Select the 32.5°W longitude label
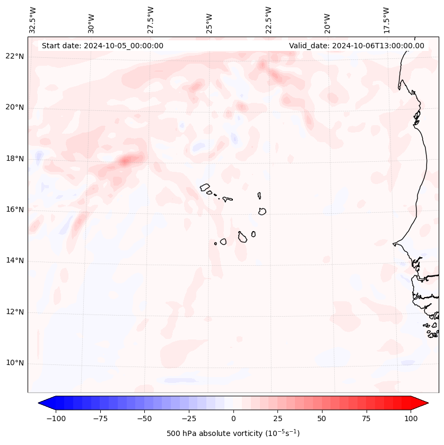click(33, 20)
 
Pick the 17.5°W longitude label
click(386, 20)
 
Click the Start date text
click(102, 46)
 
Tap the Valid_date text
click(356, 46)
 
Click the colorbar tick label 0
click(233, 418)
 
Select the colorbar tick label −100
click(56, 418)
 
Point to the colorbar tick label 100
click(411, 418)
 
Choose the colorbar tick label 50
click(322, 418)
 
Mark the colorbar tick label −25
click(189, 418)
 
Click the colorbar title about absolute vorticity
click(233, 433)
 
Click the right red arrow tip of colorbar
click(427, 403)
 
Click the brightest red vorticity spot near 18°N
click(126, 161)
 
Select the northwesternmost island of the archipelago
click(205, 187)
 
